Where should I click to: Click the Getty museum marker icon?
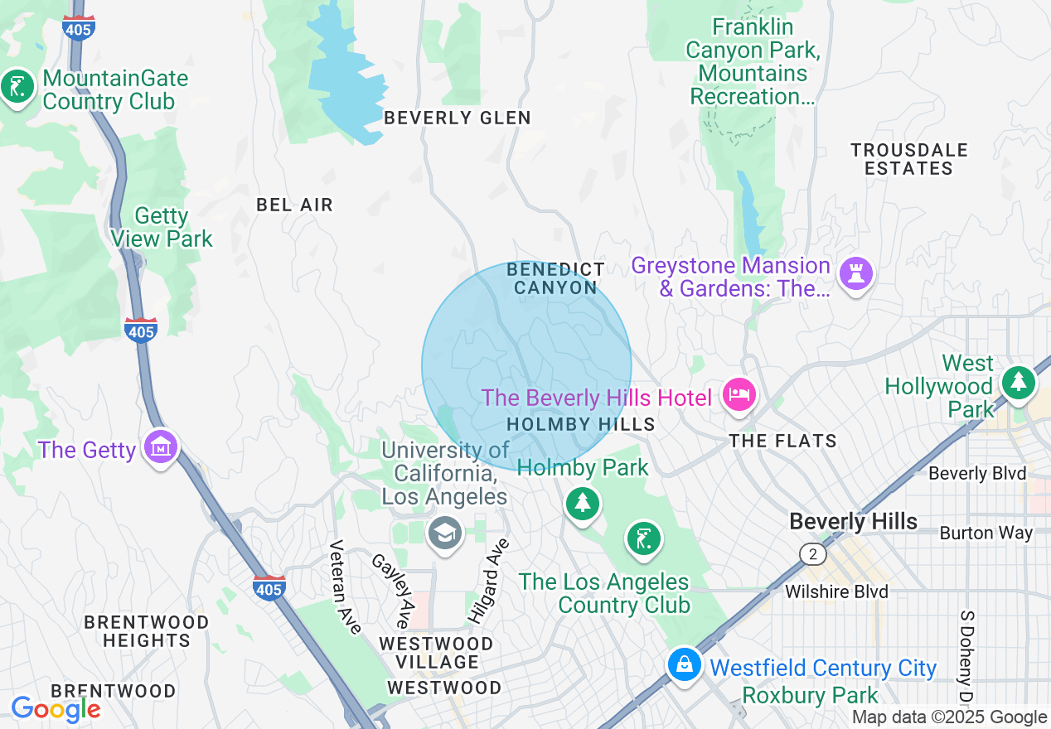tap(161, 447)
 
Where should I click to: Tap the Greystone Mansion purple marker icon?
tap(855, 273)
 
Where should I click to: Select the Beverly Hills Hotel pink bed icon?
tap(737, 393)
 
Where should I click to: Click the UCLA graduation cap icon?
tap(444, 533)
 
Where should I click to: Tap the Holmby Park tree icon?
tap(583, 503)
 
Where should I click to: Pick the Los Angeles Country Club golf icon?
tap(643, 538)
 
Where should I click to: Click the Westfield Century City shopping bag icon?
tap(685, 664)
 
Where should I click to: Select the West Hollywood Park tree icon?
tap(1019, 382)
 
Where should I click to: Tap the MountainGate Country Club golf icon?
tap(17, 86)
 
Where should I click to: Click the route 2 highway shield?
tap(813, 553)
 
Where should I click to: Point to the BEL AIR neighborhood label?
tap(294, 205)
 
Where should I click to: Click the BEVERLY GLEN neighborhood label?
tap(458, 118)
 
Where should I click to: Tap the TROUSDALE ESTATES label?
tap(909, 159)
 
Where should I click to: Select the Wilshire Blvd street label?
tap(836, 591)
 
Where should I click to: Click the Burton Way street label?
tap(986, 533)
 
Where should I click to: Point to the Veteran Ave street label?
tap(346, 587)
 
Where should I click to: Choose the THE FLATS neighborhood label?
tap(783, 441)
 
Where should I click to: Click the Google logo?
tap(56, 709)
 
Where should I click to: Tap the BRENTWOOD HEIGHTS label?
tap(147, 630)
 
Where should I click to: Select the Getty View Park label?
tap(162, 228)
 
